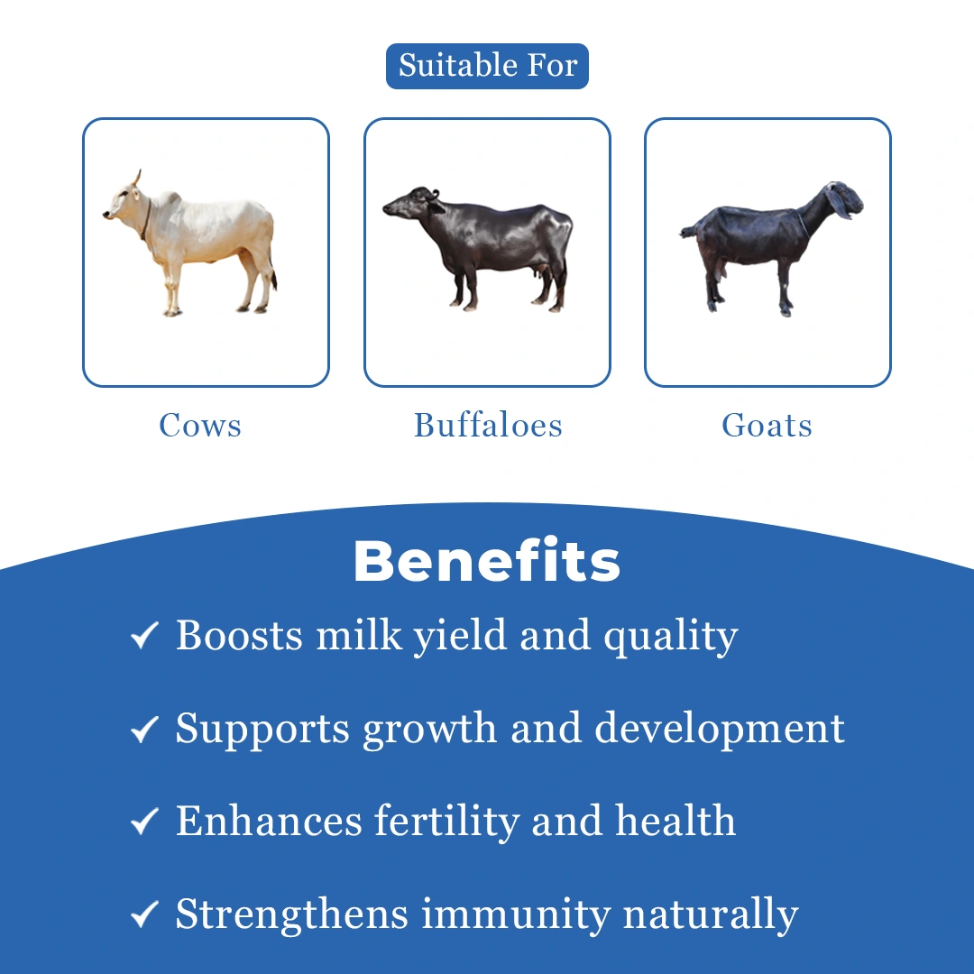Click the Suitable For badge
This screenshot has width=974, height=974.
(x=487, y=66)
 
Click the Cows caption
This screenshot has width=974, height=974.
(x=200, y=426)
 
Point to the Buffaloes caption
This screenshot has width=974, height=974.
(x=488, y=426)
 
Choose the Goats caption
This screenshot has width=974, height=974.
(x=767, y=426)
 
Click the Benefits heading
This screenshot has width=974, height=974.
(x=487, y=561)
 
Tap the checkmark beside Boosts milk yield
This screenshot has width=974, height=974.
(x=144, y=636)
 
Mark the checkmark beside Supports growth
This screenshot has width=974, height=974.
(x=144, y=729)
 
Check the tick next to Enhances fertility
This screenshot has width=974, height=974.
(x=144, y=822)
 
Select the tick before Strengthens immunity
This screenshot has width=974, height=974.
(x=144, y=914)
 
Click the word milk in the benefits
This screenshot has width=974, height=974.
(x=359, y=635)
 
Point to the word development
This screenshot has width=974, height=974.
(x=720, y=730)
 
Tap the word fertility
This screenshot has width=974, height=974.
(x=446, y=822)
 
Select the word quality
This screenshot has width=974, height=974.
(x=671, y=638)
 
